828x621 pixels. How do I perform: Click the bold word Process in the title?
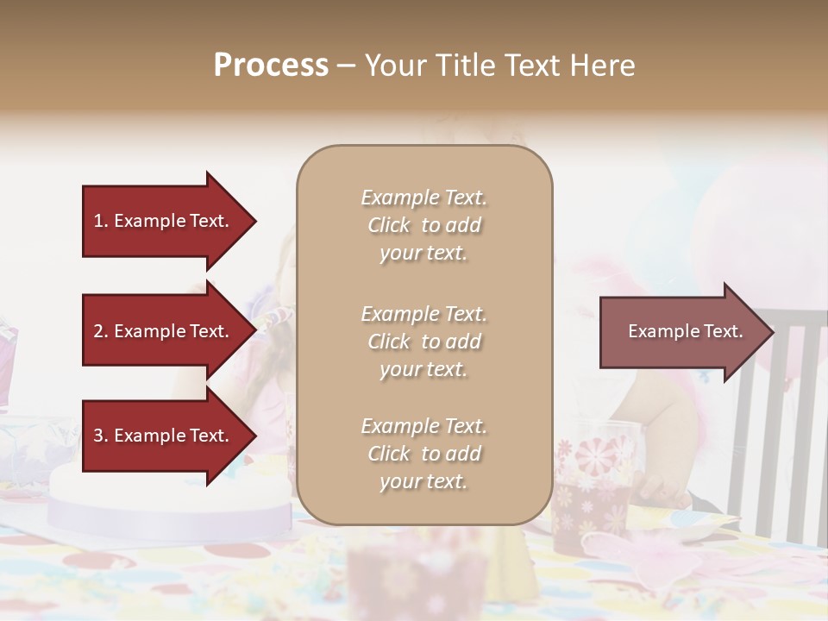(x=271, y=66)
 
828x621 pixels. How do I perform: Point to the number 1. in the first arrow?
(x=101, y=221)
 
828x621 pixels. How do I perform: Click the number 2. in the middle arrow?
(x=101, y=331)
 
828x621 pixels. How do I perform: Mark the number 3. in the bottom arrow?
(x=101, y=436)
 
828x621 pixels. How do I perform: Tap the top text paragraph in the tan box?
(x=423, y=225)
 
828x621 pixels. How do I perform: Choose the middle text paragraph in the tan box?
(x=423, y=342)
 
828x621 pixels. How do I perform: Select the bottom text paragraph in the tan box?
(x=423, y=454)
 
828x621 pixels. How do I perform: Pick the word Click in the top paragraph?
(x=389, y=225)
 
